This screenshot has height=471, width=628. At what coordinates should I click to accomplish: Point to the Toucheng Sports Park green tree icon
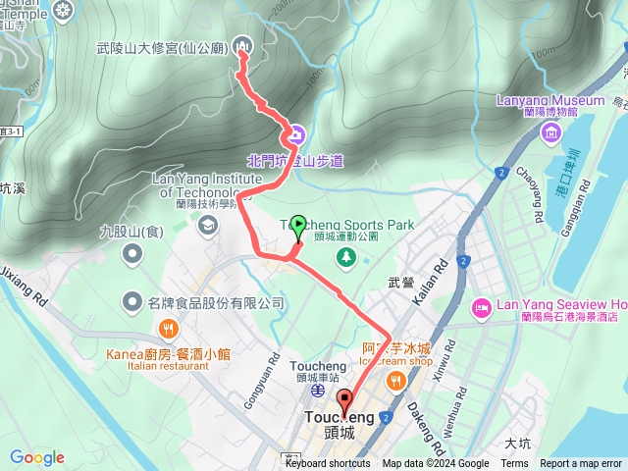(345, 256)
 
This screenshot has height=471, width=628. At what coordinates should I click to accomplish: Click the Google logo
(37, 457)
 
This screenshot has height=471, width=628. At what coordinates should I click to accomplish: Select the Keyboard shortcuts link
(328, 464)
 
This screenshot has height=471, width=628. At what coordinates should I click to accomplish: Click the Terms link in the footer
(514, 464)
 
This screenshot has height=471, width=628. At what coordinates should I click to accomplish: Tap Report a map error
(581, 464)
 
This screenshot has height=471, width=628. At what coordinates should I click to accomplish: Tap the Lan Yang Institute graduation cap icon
(207, 226)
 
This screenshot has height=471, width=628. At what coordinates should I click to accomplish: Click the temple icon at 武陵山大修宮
(242, 46)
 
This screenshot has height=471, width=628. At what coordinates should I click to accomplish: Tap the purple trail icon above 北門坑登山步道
(295, 133)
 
